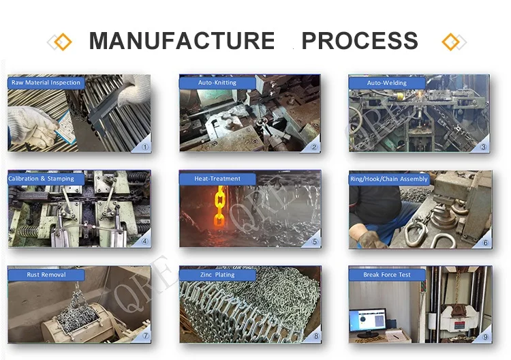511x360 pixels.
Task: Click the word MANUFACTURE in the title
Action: coord(182,41)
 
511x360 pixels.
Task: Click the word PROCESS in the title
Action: coord(360,41)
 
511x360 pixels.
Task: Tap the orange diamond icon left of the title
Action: coord(62,42)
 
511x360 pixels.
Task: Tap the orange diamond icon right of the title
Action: coord(450,42)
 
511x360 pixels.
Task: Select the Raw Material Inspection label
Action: coord(46,82)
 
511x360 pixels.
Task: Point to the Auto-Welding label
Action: coord(387,82)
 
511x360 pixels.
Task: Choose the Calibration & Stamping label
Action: coord(46,179)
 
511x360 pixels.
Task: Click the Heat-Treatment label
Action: coord(217,179)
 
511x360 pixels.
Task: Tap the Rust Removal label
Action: coord(46,275)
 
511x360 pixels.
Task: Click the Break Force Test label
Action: coord(387,275)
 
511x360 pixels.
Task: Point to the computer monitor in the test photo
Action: coord(367,320)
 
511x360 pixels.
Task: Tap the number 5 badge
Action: coord(315,241)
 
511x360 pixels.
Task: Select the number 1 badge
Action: coord(144,146)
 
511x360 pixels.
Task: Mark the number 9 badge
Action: coord(485,337)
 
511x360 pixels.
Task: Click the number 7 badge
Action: coord(144,337)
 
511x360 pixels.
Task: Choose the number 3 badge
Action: coord(484,146)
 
